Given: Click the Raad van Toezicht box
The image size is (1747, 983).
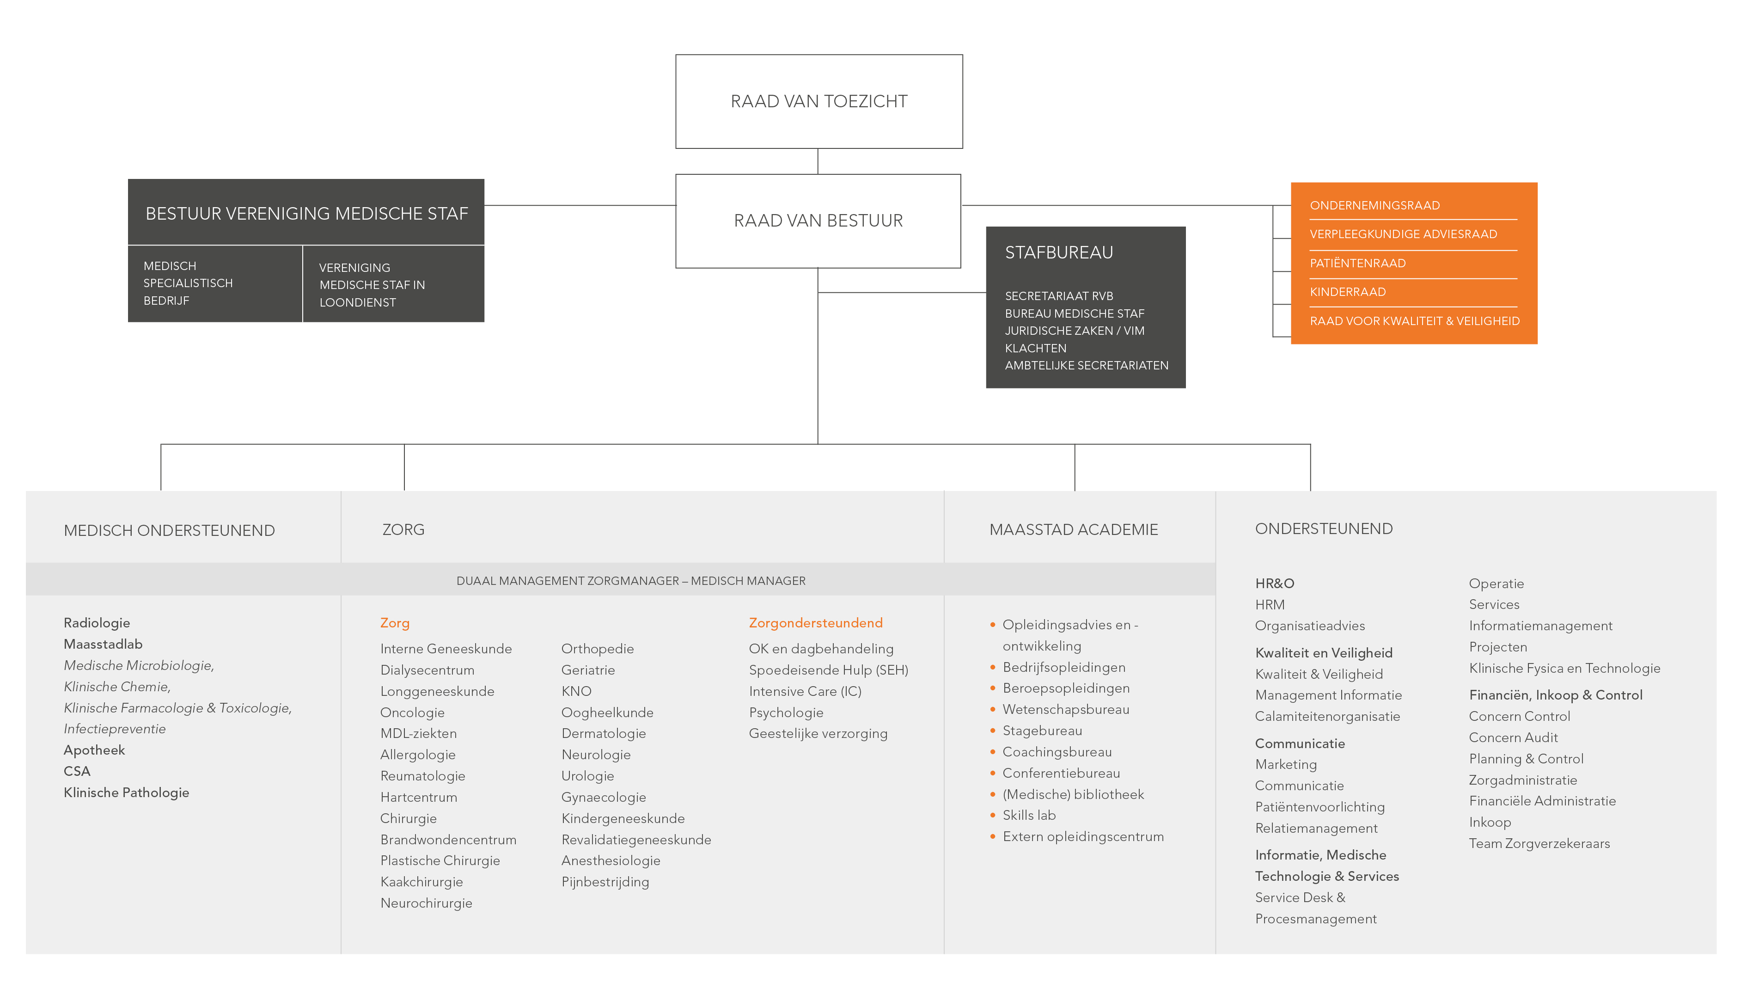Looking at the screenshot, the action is (x=819, y=102).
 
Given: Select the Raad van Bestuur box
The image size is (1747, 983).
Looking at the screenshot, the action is (x=818, y=221).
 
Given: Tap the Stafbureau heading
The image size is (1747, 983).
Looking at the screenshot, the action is (x=1059, y=252).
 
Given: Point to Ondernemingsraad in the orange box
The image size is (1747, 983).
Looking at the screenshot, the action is (x=1374, y=206).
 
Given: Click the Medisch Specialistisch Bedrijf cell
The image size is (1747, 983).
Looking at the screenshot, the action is (x=215, y=283).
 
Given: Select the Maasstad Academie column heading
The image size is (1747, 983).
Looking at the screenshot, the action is (x=1074, y=530).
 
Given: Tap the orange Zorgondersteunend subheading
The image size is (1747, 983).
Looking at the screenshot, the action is (x=815, y=623).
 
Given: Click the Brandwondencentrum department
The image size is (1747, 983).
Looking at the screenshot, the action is (x=448, y=840).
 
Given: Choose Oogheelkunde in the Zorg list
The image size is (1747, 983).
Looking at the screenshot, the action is (x=607, y=713).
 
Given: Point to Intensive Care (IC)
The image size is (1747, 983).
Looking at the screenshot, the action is (x=805, y=691).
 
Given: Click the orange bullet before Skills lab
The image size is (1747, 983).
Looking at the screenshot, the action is (x=992, y=816).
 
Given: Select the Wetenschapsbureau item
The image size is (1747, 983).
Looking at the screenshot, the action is (x=1065, y=710).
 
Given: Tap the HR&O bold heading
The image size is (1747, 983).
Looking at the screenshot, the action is (x=1274, y=584).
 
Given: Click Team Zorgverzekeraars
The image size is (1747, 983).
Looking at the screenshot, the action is (x=1539, y=844).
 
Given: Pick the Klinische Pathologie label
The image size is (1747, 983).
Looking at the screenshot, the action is (x=126, y=793).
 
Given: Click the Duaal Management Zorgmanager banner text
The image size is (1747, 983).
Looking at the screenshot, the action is (x=631, y=581).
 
